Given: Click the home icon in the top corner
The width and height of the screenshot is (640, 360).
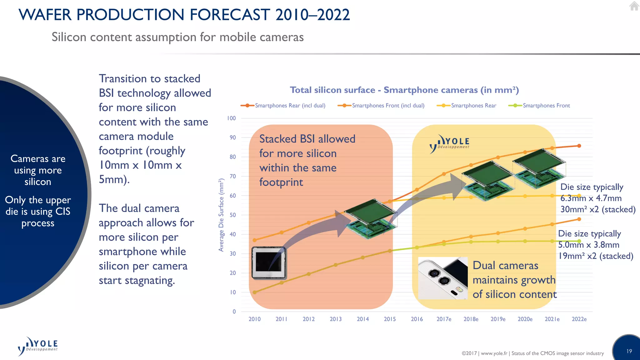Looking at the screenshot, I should (x=634, y=6).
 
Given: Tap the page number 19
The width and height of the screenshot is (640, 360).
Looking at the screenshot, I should (x=629, y=351).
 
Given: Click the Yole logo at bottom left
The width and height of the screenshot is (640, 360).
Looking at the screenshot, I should (x=38, y=346).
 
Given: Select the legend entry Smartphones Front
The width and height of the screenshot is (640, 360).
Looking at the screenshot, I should (x=546, y=106).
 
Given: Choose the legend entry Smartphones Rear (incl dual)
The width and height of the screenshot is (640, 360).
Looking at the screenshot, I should (x=290, y=106).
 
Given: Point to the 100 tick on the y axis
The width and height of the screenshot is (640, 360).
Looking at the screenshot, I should (x=231, y=118).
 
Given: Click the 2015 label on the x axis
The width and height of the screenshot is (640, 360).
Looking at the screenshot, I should (x=390, y=319).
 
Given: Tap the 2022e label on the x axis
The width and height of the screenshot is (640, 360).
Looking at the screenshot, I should (x=579, y=319).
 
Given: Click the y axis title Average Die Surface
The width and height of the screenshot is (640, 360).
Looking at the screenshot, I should (x=221, y=215).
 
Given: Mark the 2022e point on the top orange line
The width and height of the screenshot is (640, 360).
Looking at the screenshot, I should (x=579, y=146).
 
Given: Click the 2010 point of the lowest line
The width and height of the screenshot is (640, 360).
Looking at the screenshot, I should (x=255, y=292).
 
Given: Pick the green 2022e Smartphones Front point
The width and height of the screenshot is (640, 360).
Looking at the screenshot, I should (x=579, y=241).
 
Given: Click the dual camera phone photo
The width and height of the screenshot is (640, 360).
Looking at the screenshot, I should (x=443, y=278).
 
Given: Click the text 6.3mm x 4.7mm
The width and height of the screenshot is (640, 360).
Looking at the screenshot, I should (x=591, y=198).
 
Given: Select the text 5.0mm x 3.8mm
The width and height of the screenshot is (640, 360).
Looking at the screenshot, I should (x=588, y=245).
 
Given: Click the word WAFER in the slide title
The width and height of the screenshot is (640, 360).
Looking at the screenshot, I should (x=45, y=15).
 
